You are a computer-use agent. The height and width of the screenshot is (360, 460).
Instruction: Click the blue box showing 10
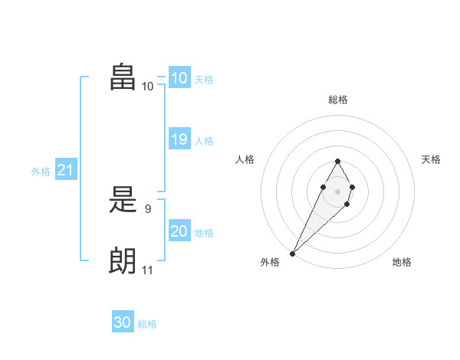pos(179,78)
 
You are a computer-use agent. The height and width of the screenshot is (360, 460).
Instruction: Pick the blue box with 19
pos(179,139)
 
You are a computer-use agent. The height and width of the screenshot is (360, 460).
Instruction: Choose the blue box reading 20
pos(179,231)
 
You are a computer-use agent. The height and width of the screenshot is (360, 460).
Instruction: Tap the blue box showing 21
pos(65,171)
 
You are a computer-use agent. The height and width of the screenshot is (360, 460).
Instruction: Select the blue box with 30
pos(123,322)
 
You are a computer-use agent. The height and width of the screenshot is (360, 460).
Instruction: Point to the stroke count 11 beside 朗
pos(147,270)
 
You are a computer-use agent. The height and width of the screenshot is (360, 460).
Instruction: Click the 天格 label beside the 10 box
pos(204,80)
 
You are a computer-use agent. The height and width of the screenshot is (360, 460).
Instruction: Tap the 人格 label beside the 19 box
pos(204,141)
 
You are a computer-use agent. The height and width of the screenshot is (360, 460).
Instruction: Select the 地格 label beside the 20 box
pos(204,233)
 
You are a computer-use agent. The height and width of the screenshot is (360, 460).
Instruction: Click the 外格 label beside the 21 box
pos(41,172)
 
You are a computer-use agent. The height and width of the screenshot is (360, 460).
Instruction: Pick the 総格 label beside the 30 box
pos(147,324)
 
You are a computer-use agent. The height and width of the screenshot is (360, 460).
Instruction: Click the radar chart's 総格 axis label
pos(337,100)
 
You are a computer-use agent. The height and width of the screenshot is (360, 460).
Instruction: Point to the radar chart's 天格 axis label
pos(432,159)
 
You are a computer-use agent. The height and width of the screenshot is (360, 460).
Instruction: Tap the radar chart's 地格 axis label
pos(402,262)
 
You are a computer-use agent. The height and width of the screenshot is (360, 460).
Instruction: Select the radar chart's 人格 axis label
pos(245,159)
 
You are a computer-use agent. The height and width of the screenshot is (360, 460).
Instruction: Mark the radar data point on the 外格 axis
pos(292,253)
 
